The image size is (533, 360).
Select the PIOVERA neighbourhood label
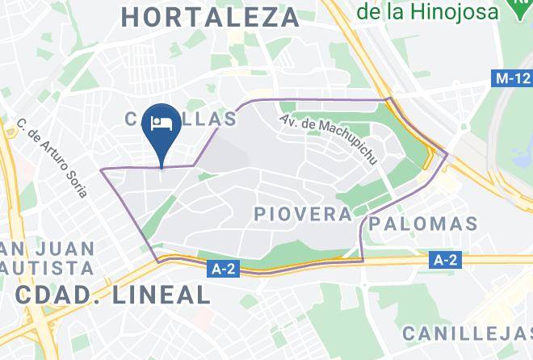303,214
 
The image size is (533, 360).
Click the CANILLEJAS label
467,333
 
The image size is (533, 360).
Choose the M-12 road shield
511,79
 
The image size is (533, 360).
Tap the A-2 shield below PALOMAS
445,260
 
